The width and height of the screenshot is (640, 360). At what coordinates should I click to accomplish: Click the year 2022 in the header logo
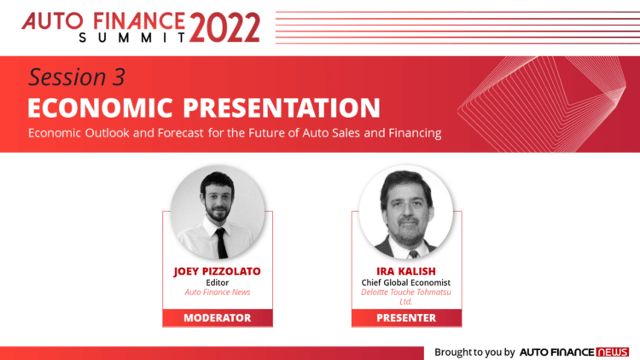coord(224,27)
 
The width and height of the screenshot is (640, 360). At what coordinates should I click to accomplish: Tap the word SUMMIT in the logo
coord(132,38)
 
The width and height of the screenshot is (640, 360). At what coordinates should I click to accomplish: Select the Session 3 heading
coord(77,77)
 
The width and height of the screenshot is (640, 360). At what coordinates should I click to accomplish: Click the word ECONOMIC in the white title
coord(101,107)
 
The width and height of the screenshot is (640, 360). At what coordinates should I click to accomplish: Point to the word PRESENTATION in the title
coord(282,107)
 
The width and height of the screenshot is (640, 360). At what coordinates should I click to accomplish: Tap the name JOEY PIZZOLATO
coord(217,271)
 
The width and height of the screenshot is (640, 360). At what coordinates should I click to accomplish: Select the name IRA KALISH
coord(406,271)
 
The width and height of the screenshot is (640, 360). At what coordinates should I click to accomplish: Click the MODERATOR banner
coord(218,318)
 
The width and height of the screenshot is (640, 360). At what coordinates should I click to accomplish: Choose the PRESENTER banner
coord(406,318)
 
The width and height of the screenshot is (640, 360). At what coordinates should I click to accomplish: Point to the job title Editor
coord(218,282)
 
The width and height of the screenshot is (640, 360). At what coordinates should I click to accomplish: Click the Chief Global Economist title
coord(406,282)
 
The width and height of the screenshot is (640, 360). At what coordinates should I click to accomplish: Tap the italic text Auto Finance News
coord(218,293)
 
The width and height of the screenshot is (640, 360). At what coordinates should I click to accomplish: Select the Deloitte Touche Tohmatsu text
coord(406,293)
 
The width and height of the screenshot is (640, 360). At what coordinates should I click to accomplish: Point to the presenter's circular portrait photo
coord(406,212)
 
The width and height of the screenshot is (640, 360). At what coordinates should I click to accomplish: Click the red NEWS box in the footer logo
coord(612,351)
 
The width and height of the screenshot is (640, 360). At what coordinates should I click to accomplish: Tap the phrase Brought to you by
coord(474,351)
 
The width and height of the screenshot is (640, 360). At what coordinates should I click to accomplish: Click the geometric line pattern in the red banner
coord(542,104)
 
